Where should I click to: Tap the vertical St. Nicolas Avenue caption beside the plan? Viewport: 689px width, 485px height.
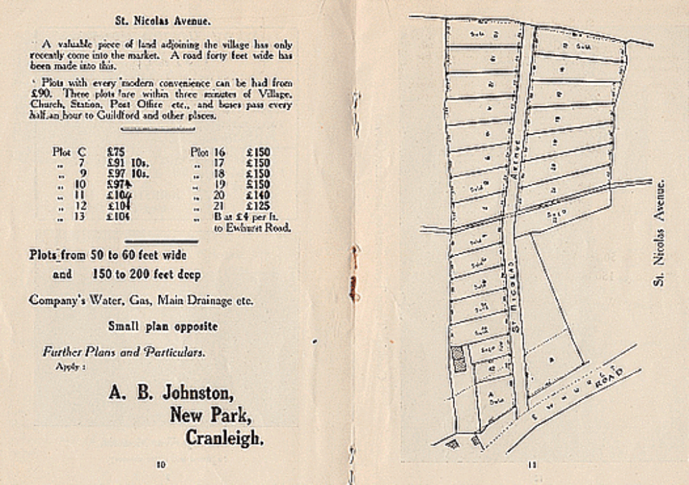tap(660, 232)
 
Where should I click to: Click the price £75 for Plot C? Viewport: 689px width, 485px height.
tap(116, 152)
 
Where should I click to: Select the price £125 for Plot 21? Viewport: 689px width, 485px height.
tap(258, 205)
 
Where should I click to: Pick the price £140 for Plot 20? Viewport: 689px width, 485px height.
tap(258, 195)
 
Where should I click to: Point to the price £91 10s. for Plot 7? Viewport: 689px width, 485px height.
tap(127, 163)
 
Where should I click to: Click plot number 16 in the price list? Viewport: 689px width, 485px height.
tap(219, 152)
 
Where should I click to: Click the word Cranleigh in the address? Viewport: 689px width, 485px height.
tap(225, 438)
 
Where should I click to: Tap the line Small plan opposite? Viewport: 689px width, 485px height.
tap(163, 326)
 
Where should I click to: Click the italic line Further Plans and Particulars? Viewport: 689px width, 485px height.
tap(124, 352)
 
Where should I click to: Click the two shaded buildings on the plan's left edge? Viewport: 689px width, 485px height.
tap(460, 360)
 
